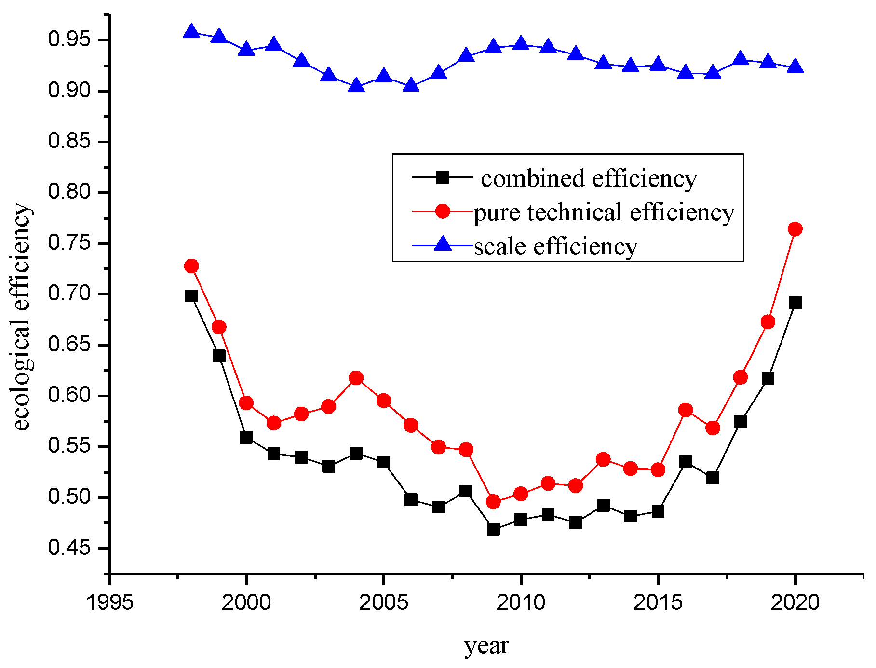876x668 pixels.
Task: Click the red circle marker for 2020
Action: [795, 229]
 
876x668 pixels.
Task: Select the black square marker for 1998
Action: [191, 296]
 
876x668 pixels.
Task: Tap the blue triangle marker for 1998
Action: [191, 32]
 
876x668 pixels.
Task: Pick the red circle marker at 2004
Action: [356, 378]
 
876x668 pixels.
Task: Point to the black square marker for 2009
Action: [493, 529]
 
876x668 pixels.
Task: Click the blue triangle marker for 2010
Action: [521, 44]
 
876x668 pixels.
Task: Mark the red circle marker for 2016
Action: [685, 410]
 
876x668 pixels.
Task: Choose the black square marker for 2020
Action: [795, 303]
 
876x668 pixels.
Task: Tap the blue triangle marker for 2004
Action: [356, 86]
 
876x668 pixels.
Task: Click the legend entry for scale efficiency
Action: [555, 246]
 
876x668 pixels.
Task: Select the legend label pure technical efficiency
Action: [604, 212]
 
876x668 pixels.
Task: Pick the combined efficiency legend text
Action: [589, 178]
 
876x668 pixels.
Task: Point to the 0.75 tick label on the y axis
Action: [69, 243]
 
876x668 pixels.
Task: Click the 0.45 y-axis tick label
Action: [69, 548]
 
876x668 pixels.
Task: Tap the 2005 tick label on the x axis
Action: [383, 602]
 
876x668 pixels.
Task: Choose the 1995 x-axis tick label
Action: [109, 602]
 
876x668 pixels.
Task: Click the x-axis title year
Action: [486, 646]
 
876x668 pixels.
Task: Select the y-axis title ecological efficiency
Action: [21, 317]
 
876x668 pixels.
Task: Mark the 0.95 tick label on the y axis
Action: [69, 40]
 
